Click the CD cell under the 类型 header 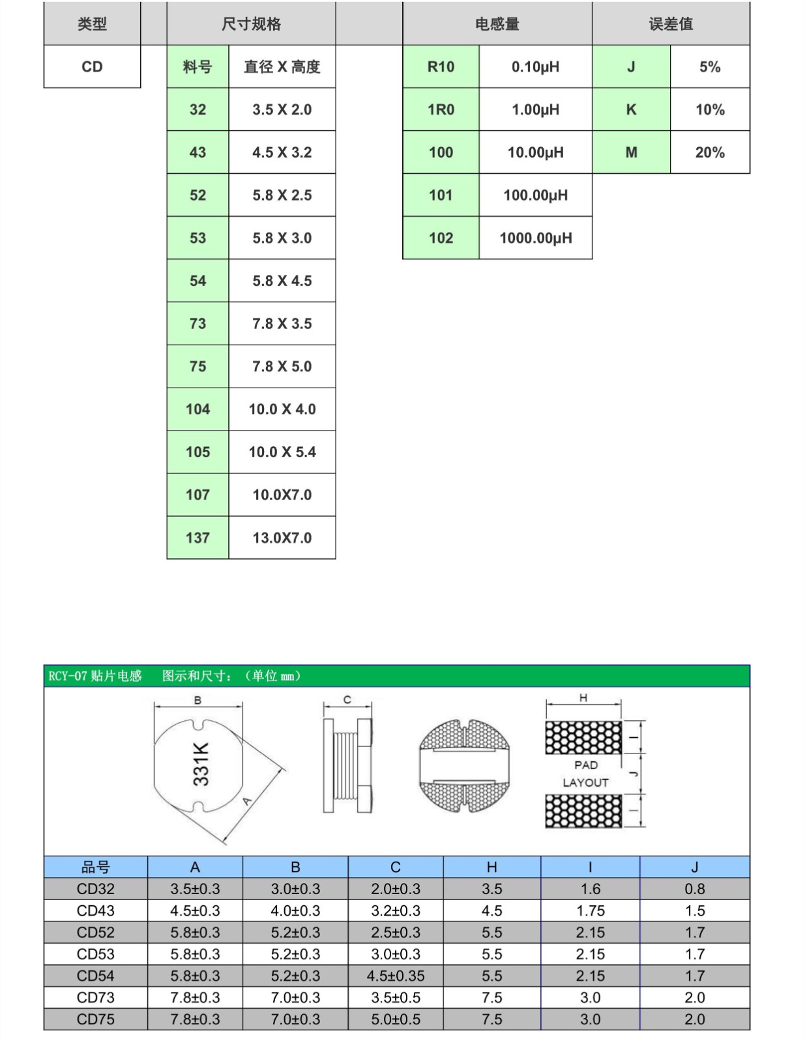pyautogui.click(x=92, y=66)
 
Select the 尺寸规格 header pyautogui.click(x=251, y=24)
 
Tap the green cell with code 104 pyautogui.click(x=198, y=409)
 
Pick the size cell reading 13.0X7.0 pyautogui.click(x=282, y=537)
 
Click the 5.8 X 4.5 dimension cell pyautogui.click(x=282, y=281)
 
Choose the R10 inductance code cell pyautogui.click(x=441, y=66)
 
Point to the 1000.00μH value pyautogui.click(x=536, y=238)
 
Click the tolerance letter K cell pyautogui.click(x=632, y=109)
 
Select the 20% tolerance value pyautogui.click(x=710, y=152)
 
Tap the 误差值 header pyautogui.click(x=671, y=24)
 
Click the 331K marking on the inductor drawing pyautogui.click(x=201, y=764)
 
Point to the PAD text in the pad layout pyautogui.click(x=586, y=765)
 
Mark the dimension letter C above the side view pyautogui.click(x=347, y=699)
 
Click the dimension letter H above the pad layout pyautogui.click(x=583, y=697)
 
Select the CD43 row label pyautogui.click(x=95, y=910)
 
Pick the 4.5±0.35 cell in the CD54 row pyautogui.click(x=396, y=976)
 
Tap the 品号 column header pyautogui.click(x=95, y=867)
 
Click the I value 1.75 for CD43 pyautogui.click(x=591, y=910)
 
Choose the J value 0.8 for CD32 pyautogui.click(x=695, y=889)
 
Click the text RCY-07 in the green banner pyautogui.click(x=68, y=676)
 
